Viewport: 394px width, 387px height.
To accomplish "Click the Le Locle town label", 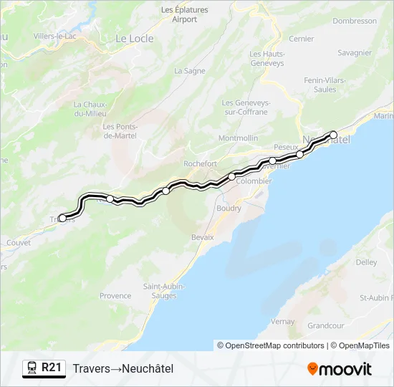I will click(x=135, y=39).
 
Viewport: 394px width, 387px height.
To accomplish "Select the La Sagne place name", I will click(x=190, y=71).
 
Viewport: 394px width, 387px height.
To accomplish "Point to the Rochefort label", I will click(x=200, y=163).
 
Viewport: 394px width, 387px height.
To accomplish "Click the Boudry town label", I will click(x=229, y=208).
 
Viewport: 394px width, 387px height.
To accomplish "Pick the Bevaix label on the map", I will click(x=203, y=236).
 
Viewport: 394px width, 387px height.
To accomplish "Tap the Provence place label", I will click(x=115, y=295).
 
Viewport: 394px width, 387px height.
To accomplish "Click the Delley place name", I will click(x=366, y=262).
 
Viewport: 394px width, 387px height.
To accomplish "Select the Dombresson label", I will click(x=355, y=21).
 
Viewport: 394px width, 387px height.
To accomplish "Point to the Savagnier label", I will click(x=355, y=52).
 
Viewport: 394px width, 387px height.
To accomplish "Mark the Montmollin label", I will click(x=238, y=138).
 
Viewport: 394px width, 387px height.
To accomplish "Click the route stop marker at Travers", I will click(x=62, y=218).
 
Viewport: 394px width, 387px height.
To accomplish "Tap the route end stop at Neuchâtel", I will click(x=333, y=135).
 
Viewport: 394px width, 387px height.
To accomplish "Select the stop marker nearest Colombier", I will click(x=232, y=176).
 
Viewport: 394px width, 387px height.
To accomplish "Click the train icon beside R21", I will click(x=32, y=368).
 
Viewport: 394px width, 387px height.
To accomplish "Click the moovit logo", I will click(x=340, y=369).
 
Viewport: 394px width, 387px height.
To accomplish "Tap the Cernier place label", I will click(x=302, y=39).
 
